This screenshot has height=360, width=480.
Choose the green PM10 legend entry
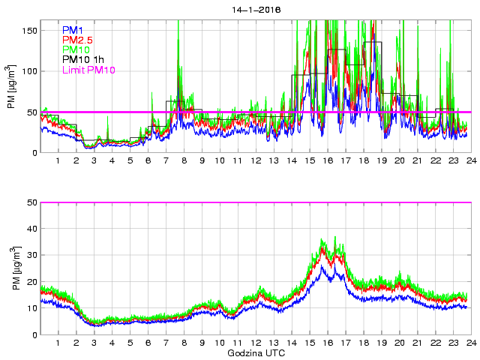click(x=76, y=49)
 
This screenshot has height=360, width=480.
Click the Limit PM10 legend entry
click(x=88, y=70)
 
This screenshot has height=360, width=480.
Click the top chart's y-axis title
click(x=11, y=87)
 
